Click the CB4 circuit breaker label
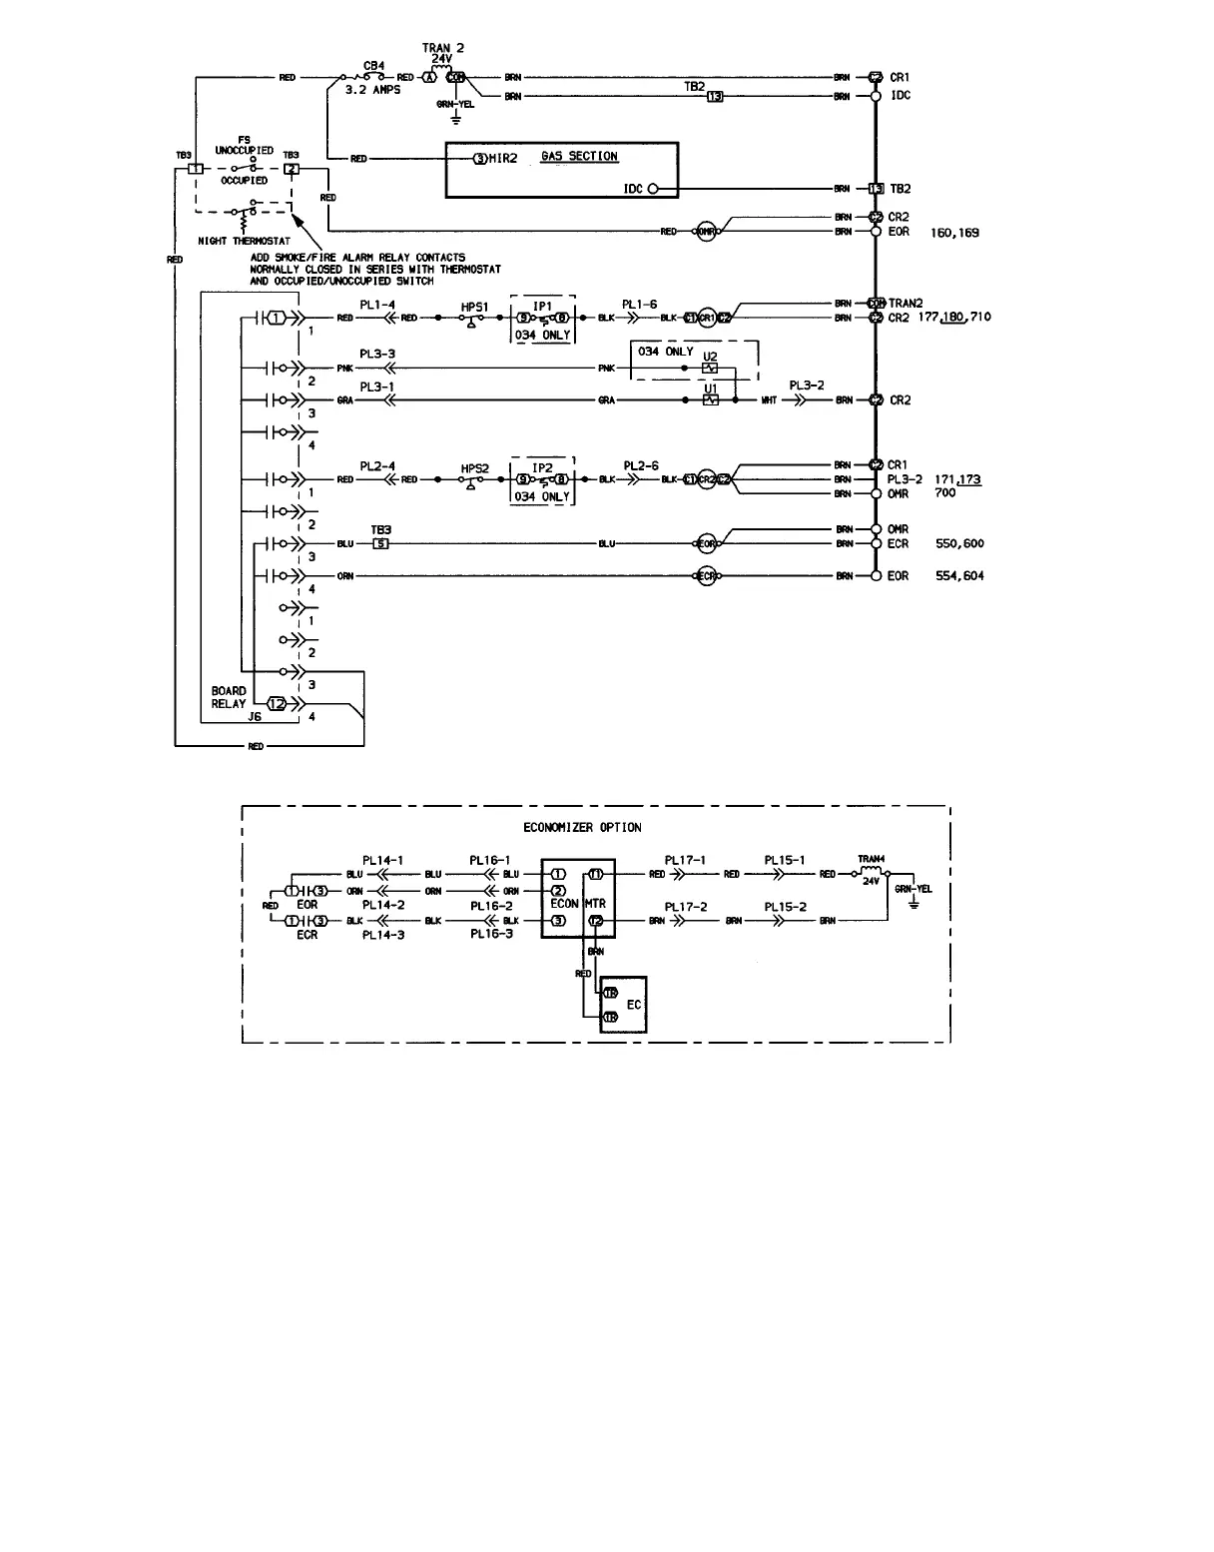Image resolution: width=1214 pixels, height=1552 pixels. (x=374, y=65)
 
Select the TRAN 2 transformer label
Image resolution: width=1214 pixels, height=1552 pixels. (x=443, y=48)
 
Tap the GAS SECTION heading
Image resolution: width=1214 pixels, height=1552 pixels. (x=579, y=156)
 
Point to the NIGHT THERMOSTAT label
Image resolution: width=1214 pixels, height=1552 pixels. (x=245, y=241)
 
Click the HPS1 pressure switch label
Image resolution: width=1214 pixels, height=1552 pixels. (x=474, y=307)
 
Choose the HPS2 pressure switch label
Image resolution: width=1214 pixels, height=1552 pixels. (x=475, y=468)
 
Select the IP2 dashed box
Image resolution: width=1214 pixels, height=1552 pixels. (x=542, y=481)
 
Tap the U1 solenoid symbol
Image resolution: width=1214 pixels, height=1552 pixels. (x=710, y=399)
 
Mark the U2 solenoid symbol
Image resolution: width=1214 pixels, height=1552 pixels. (x=710, y=369)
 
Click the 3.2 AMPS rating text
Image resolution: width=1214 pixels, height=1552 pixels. (x=371, y=90)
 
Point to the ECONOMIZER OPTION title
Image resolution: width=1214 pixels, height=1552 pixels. (x=582, y=827)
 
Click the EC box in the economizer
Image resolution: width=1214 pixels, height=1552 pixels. (x=623, y=1005)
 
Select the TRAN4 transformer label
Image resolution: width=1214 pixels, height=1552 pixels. (x=872, y=859)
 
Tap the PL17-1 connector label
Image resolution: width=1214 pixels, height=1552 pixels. (x=685, y=860)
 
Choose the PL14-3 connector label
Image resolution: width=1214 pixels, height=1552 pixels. (x=382, y=935)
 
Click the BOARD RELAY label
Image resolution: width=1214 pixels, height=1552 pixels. (x=229, y=697)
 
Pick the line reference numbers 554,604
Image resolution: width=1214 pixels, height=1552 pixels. (x=959, y=576)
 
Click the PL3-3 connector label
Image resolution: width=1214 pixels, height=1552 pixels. (x=377, y=355)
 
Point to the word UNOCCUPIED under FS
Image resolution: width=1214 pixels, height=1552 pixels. (x=245, y=151)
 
